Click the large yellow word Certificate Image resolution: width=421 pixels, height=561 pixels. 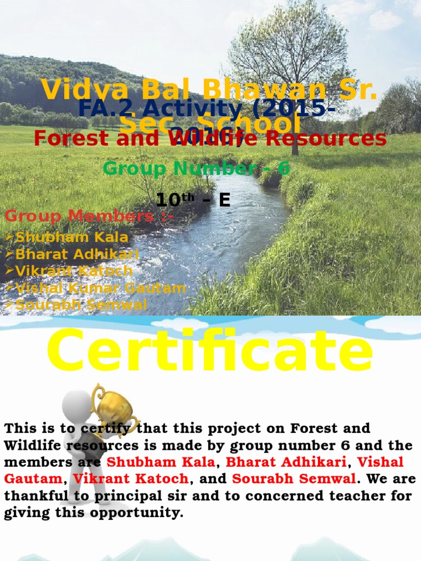coord(210,350)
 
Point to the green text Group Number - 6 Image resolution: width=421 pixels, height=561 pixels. coord(196,169)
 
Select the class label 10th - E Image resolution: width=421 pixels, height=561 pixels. coord(193,201)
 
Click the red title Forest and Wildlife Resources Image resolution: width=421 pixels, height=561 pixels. coord(210,139)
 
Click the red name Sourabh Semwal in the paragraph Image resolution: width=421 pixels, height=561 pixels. coord(294,479)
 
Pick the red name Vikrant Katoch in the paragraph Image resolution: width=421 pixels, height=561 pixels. coord(131,479)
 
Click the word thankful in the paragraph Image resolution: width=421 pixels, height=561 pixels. coord(33,496)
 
